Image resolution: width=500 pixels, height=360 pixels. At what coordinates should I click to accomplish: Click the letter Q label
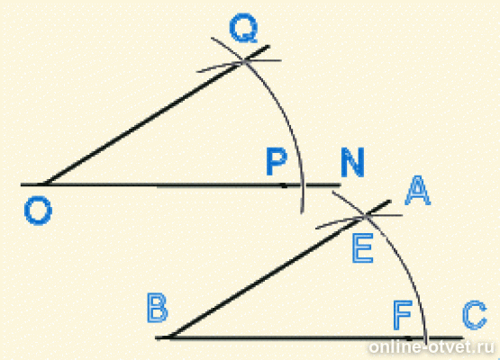(x=243, y=28)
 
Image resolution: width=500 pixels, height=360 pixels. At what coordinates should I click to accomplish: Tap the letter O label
(x=38, y=211)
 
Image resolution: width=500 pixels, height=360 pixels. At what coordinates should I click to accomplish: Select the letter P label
(x=277, y=161)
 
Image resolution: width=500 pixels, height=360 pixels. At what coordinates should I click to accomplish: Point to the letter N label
(x=352, y=162)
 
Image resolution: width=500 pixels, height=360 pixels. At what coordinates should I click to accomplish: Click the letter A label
(x=417, y=191)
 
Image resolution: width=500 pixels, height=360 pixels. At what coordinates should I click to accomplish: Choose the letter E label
(x=362, y=248)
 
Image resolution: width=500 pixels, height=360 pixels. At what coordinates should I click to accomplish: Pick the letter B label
(x=157, y=308)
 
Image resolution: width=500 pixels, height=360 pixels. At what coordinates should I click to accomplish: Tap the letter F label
(x=403, y=315)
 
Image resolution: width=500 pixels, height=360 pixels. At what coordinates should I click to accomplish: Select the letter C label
(x=475, y=315)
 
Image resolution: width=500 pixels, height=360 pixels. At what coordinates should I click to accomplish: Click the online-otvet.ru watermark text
(x=432, y=346)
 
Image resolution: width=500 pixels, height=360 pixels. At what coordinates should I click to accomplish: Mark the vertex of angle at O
(x=45, y=184)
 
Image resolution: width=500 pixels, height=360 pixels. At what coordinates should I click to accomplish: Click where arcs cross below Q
(x=244, y=61)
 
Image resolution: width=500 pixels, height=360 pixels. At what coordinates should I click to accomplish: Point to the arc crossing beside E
(x=366, y=216)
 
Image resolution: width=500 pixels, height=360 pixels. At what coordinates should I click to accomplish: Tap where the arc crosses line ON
(x=302, y=184)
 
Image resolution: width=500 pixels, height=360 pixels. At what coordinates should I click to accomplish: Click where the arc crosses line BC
(x=426, y=337)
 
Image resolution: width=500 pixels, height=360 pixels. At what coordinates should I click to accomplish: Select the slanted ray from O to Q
(x=157, y=115)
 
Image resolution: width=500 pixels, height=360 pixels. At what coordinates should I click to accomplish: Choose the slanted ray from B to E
(x=280, y=269)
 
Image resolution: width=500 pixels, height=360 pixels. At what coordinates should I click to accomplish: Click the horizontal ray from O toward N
(x=181, y=184)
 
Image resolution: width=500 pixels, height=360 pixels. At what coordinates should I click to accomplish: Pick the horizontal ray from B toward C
(x=309, y=337)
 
